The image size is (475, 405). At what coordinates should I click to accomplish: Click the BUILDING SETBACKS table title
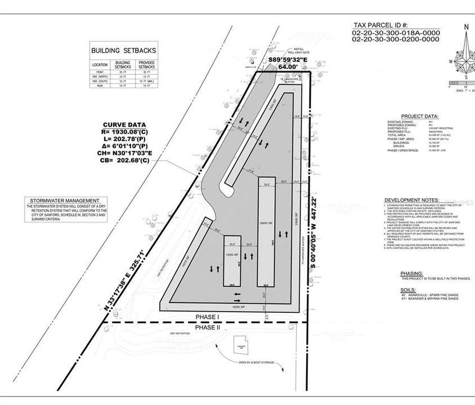(124, 51)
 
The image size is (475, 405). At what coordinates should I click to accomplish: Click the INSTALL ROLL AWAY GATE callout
(296, 51)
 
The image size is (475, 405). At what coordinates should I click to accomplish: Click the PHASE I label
(208, 317)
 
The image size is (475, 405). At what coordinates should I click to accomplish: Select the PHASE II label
(208, 327)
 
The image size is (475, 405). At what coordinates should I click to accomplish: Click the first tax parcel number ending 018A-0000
(396, 33)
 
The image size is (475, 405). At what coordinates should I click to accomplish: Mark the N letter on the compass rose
(466, 26)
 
